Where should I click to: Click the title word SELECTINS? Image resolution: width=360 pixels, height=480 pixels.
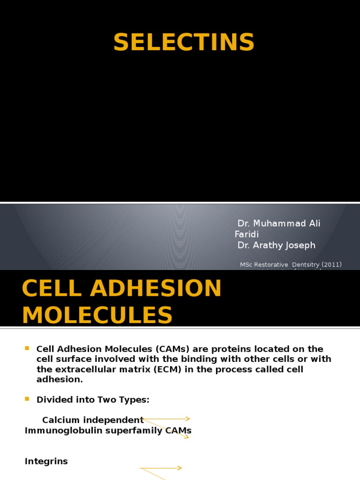pos(184,43)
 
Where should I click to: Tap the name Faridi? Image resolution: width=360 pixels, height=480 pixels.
pos(247,234)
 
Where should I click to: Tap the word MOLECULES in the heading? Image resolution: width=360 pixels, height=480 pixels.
pos(97,315)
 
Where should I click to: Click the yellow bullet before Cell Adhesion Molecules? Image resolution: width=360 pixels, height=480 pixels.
pos(27,348)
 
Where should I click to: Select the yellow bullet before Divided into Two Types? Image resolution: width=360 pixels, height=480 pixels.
pos(27,399)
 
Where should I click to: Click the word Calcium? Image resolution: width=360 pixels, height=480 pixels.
pos(60,420)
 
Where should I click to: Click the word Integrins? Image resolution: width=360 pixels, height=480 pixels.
pos(46,461)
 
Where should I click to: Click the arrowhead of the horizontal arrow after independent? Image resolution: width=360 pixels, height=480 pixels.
pos(187,419)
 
